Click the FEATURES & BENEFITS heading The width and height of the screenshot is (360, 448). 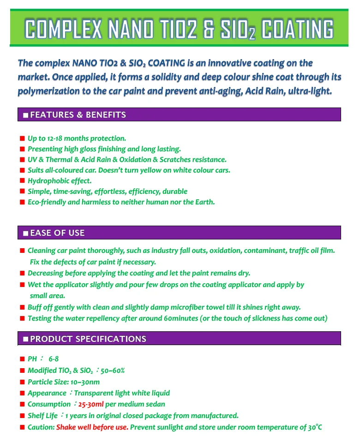pos(78,115)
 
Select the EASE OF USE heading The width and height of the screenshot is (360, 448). pos(57,233)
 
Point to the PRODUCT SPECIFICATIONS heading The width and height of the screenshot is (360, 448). pos(88,339)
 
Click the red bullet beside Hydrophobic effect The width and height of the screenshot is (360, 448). pos(22,181)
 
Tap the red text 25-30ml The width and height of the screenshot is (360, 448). pos(91,404)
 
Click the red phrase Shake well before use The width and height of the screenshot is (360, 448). pos(92,427)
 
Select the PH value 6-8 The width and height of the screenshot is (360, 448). pos(54,358)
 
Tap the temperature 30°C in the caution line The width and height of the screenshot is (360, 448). pos(315,427)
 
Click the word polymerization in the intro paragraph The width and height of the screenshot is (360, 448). pos(49,91)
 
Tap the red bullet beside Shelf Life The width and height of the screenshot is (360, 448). pos(22,416)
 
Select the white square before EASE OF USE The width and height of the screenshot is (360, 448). pos(25,233)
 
